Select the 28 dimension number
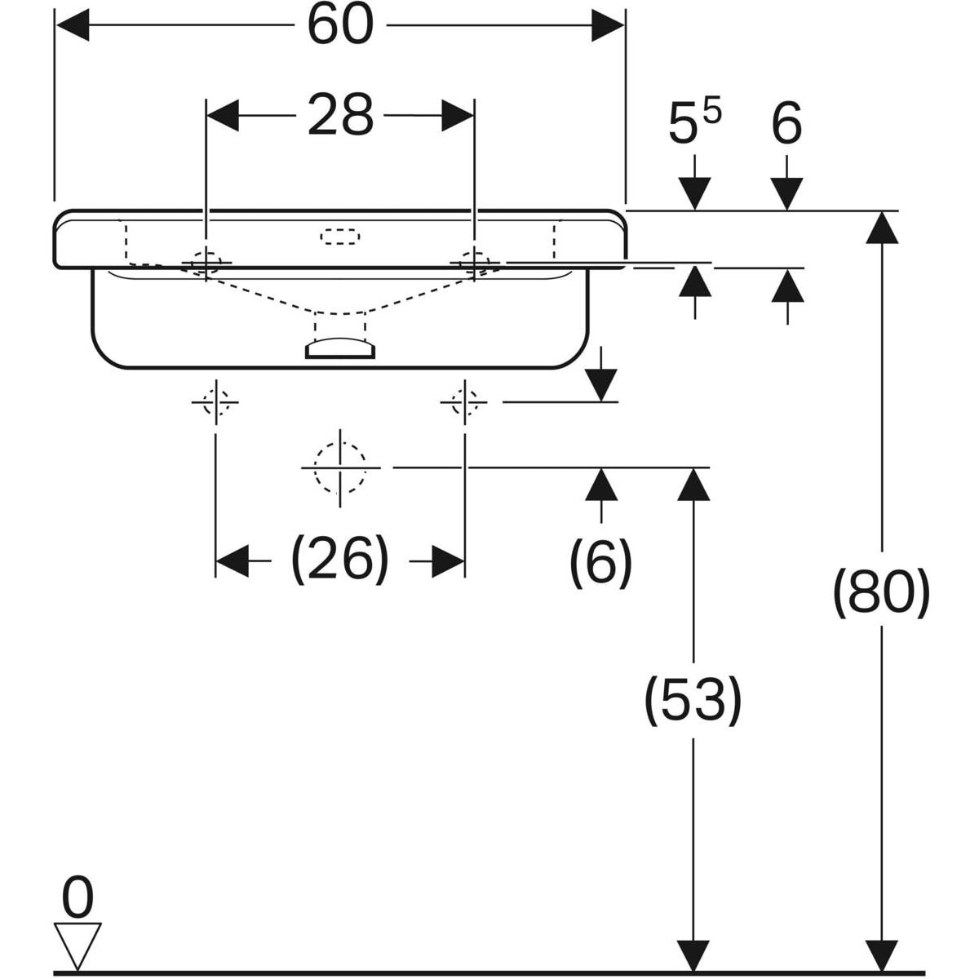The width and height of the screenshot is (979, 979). tap(340, 115)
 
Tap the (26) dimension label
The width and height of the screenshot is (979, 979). tap(340, 560)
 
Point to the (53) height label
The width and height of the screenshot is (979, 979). tap(693, 701)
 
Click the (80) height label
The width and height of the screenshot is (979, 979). tap(881, 592)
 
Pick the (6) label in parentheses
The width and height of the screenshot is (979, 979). tap(600, 563)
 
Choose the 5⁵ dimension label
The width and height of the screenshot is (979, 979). tap(694, 122)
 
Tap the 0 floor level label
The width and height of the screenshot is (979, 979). tap(78, 897)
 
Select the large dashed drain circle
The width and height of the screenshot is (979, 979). tap(339, 467)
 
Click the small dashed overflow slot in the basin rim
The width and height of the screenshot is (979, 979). tap(340, 237)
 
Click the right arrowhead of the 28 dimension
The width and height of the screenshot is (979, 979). tap(457, 115)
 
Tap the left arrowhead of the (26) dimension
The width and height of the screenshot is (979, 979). tap(233, 560)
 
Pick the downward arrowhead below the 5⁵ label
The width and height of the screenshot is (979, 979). tap(694, 193)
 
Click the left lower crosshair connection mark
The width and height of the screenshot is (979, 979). tap(215, 402)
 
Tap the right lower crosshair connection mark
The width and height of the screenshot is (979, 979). tap(464, 402)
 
